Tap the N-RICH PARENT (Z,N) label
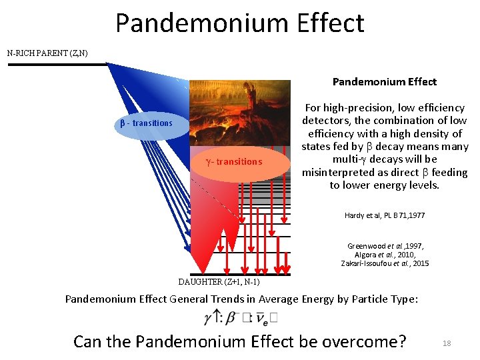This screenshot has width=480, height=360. click(x=47, y=53)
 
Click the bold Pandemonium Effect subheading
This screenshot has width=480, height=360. click(x=385, y=82)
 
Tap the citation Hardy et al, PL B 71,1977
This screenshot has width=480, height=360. click(x=385, y=215)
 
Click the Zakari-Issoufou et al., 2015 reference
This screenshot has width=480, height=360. click(x=385, y=263)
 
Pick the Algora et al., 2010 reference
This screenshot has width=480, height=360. click(x=385, y=255)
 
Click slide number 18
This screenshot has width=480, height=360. click(x=447, y=343)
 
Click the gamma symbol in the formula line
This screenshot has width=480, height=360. click(x=208, y=318)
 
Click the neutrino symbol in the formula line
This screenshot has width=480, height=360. click(x=264, y=319)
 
